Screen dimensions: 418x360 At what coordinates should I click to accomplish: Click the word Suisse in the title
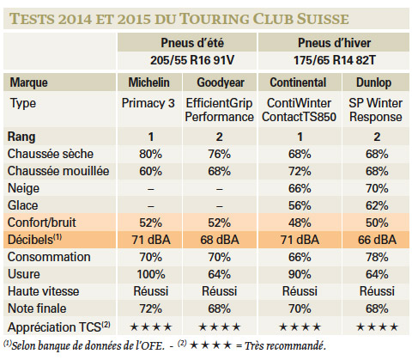(322, 19)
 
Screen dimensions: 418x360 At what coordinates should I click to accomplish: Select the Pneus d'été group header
(192, 43)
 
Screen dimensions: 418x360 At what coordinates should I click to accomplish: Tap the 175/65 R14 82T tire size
(334, 60)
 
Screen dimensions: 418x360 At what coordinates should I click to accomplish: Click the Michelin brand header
(148, 82)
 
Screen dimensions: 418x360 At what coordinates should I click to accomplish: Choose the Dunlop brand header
(373, 82)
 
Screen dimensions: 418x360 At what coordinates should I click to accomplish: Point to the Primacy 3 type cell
(148, 103)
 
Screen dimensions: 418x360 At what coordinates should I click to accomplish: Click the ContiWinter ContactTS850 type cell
(299, 110)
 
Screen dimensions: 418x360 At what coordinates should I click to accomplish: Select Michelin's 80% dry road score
(150, 154)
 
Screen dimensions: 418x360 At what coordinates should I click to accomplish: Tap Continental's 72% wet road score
(300, 171)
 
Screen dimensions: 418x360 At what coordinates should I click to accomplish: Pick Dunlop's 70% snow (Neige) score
(377, 188)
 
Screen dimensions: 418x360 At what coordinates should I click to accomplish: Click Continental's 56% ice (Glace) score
(300, 205)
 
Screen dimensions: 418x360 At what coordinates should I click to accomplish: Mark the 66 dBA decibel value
(377, 240)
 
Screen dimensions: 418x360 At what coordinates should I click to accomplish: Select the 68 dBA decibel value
(220, 240)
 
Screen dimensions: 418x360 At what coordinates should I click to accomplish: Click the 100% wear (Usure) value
(151, 274)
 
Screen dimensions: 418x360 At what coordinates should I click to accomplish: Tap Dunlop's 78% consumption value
(377, 257)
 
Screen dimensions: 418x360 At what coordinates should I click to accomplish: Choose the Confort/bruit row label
(42, 223)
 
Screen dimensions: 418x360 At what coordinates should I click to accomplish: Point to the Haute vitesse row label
(43, 291)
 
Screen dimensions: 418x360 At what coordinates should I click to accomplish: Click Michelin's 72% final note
(150, 308)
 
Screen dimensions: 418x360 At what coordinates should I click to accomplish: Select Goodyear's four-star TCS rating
(220, 326)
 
